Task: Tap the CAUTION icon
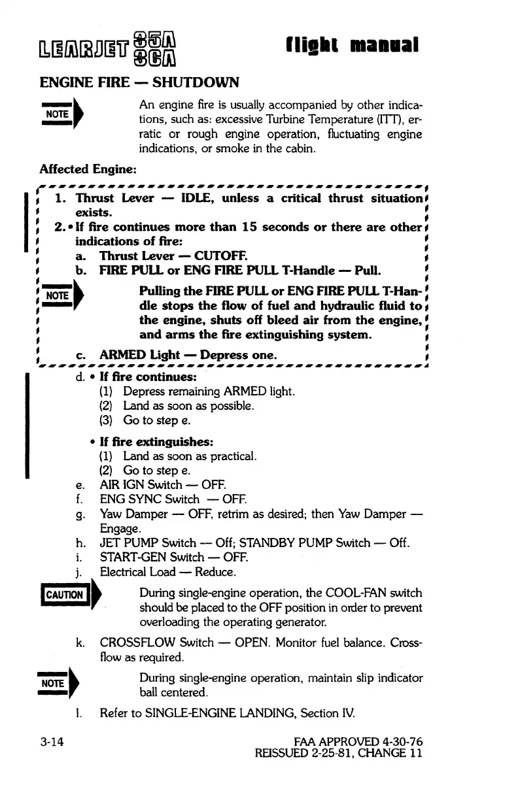(67, 595)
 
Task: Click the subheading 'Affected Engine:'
(88, 169)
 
